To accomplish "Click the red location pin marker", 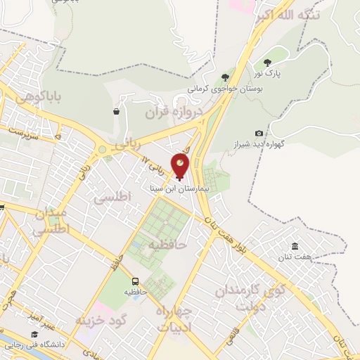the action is click(181, 165).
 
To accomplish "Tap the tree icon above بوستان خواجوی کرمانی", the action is click(225, 77).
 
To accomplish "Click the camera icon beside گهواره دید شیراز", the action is click(259, 133).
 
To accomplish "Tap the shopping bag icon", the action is click(115, 111).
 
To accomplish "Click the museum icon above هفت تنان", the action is click(294, 246).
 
